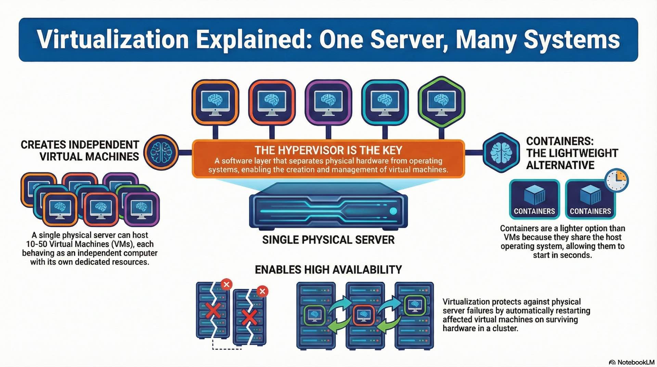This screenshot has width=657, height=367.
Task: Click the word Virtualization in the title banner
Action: click(113, 40)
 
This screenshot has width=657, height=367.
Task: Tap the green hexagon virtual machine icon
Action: click(441, 102)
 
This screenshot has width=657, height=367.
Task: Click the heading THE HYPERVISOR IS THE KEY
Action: click(328, 150)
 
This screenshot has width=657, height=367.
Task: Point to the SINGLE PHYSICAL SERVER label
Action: click(328, 240)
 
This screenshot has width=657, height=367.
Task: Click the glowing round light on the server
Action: click(393, 211)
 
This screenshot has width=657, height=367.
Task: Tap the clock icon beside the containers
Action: click(616, 180)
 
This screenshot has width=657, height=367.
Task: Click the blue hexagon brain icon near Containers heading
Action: click(501, 153)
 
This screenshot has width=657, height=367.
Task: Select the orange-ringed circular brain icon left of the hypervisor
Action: click(161, 153)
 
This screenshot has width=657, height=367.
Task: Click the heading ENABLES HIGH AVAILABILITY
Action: click(328, 270)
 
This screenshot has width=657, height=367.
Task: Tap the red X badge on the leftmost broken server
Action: click(226, 284)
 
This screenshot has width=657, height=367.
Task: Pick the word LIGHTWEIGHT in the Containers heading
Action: click(572, 153)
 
